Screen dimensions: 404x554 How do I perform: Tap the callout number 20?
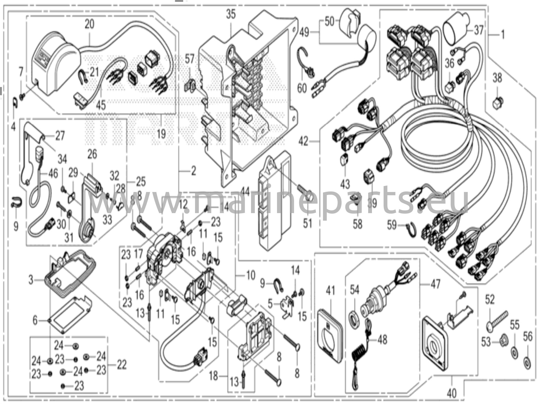pos(89,24)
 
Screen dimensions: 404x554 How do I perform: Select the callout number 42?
pos(304,141)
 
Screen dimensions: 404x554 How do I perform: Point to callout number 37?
pos(479,30)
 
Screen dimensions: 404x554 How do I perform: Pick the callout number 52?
pos(490,300)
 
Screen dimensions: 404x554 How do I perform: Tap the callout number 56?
pos(527,337)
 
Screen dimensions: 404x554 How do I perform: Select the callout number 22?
pos(121,365)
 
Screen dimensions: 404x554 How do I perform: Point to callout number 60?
pos(302,88)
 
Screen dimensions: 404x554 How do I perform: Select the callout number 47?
pos(435,284)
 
